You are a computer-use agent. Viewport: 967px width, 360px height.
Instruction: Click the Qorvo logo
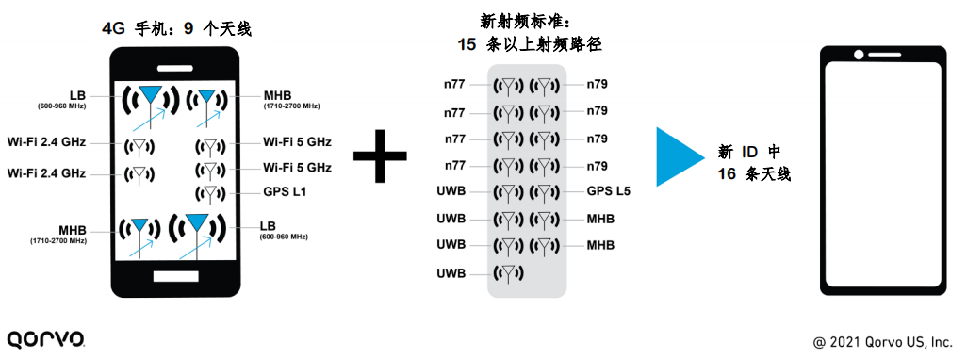coord(45,338)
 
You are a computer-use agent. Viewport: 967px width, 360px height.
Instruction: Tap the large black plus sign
coord(380,155)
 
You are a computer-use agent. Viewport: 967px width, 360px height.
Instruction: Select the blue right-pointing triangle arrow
coord(680,156)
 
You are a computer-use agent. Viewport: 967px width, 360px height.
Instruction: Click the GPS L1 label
coord(285,192)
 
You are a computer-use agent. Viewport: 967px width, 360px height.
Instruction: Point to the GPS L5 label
coord(609,191)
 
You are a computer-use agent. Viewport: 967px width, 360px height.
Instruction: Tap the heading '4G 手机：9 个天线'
coord(176,29)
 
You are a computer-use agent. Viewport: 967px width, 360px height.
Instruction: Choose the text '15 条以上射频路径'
coord(529,44)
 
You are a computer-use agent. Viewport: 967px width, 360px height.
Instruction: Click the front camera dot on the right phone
coord(859,55)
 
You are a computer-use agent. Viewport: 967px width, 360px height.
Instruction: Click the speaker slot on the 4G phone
coord(175,68)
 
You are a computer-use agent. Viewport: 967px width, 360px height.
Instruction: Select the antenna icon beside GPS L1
coord(210,193)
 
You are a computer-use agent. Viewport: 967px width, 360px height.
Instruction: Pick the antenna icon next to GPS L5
coord(543,192)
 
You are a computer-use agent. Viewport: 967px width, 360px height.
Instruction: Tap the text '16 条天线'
coord(754,174)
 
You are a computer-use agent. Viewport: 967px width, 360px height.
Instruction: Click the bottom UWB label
coord(451,273)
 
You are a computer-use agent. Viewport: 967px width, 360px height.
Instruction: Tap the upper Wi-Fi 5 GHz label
coord(297,143)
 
